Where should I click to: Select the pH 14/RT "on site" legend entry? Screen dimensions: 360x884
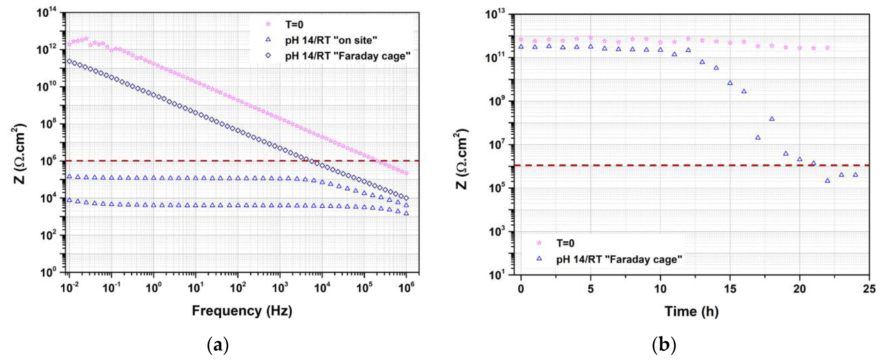click(x=331, y=41)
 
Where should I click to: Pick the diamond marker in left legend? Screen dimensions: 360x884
click(x=268, y=56)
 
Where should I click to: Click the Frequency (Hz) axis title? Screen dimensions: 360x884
click(x=242, y=311)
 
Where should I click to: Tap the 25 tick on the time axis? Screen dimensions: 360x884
click(x=869, y=289)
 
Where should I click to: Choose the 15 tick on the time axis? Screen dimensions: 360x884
click(x=730, y=289)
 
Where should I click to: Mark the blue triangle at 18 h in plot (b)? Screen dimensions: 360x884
click(x=772, y=119)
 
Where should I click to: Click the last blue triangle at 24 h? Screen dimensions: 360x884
click(x=855, y=175)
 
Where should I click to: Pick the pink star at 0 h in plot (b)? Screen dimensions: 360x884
click(x=521, y=40)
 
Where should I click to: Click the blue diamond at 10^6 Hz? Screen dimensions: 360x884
click(x=406, y=198)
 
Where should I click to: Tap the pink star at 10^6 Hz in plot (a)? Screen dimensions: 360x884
click(x=406, y=173)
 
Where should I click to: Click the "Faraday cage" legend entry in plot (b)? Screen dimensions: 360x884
click(x=619, y=259)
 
